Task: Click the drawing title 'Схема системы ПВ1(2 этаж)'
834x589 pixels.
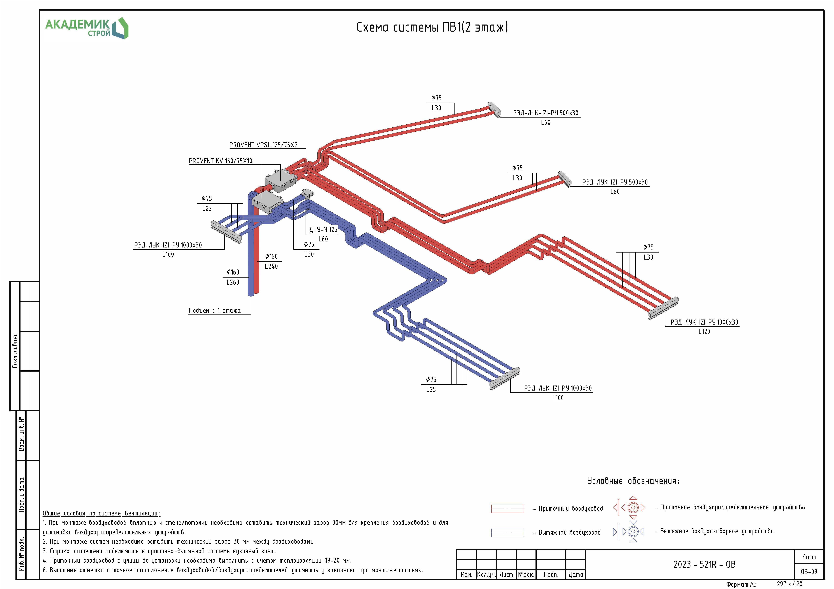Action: click(432, 27)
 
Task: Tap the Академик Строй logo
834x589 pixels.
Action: click(86, 28)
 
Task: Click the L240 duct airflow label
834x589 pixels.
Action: click(271, 266)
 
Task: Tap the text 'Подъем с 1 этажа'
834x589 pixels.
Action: click(214, 311)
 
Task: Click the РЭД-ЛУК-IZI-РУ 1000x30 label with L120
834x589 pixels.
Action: click(704, 322)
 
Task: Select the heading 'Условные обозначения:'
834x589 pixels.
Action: click(633, 481)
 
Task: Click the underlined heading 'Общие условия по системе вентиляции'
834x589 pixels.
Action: click(101, 513)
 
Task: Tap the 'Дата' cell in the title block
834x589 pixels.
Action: click(576, 575)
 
